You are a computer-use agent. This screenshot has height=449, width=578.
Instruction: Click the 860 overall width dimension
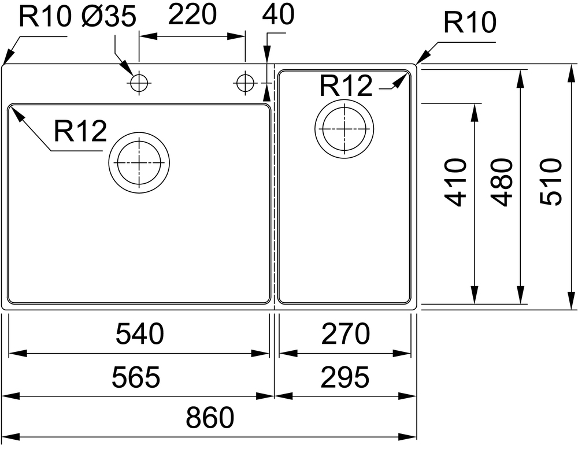click(210, 417)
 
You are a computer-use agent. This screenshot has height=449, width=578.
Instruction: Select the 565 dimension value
click(136, 377)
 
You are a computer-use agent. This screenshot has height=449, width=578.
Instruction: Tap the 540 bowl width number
click(140, 333)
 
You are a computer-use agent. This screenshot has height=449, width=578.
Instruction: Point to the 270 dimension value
click(345, 333)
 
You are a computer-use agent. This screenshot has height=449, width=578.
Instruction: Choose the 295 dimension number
click(345, 377)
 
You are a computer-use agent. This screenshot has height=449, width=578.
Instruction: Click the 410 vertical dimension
click(456, 182)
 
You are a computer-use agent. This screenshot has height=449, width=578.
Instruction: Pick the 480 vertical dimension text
click(502, 182)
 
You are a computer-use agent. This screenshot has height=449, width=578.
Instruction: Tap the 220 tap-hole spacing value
click(192, 14)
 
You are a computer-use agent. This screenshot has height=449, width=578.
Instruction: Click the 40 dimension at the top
click(279, 14)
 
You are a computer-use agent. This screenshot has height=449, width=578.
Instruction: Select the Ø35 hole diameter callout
click(109, 16)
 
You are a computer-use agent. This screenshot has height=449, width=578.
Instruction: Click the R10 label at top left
click(45, 16)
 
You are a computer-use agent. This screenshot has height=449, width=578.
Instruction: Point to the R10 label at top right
click(469, 22)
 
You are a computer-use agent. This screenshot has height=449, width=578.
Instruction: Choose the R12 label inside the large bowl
click(80, 131)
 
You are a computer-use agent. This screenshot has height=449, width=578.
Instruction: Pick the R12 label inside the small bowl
click(346, 86)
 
